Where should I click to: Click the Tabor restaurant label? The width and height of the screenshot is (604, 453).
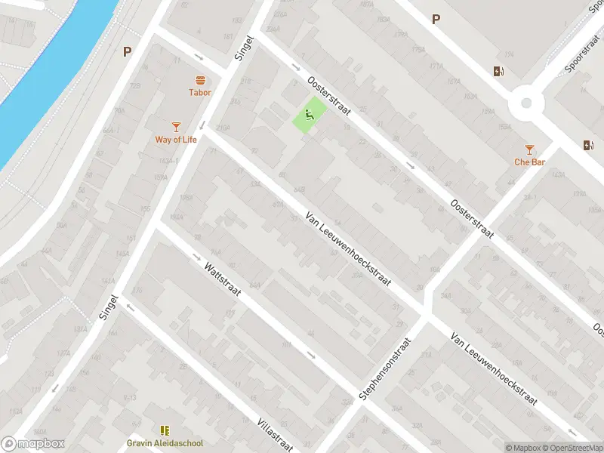pyautogui.click(x=200, y=93)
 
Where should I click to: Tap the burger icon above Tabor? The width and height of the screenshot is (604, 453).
pyautogui.click(x=200, y=80)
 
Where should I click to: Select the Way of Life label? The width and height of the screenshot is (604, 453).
pyautogui.click(x=175, y=139)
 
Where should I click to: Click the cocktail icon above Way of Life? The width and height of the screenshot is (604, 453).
pyautogui.click(x=176, y=126)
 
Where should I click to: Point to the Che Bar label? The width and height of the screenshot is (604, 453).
pyautogui.click(x=529, y=162)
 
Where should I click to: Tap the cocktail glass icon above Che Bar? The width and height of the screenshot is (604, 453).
pyautogui.click(x=529, y=149)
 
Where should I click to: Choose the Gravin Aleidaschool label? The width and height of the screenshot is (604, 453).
pyautogui.click(x=165, y=443)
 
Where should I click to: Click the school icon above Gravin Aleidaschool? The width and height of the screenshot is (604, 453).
pyautogui.click(x=165, y=430)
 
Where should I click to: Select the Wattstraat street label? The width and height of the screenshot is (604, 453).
pyautogui.click(x=221, y=279)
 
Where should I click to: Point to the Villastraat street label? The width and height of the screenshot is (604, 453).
pyautogui.click(x=274, y=434)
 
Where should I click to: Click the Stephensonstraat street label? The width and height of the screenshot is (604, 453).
pyautogui.click(x=385, y=369)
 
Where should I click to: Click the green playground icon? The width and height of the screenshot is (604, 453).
pyautogui.click(x=309, y=116)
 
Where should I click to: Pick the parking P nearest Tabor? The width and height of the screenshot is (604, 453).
pyautogui.click(x=127, y=52)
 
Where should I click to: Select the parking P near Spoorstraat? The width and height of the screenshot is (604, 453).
pyautogui.click(x=435, y=20)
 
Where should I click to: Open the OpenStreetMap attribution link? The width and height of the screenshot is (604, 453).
pyautogui.click(x=571, y=447)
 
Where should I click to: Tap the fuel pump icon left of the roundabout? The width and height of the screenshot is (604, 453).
pyautogui.click(x=498, y=72)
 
